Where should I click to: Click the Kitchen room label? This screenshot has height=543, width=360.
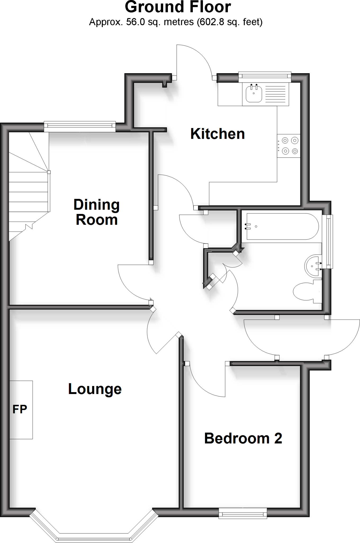tap(217, 134)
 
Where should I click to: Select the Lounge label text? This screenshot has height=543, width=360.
tap(95, 389)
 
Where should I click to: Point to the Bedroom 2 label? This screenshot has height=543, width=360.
tap(243, 438)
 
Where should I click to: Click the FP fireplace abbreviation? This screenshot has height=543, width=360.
tap(20, 409)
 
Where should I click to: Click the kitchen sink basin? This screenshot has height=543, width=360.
tap(254, 93)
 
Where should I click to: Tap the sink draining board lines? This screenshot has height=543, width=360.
tap(275, 94)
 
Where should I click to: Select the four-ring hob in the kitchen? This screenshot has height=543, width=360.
tap(289, 146)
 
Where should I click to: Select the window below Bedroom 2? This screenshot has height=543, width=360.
tap(243, 513)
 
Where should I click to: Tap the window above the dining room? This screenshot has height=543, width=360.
tap(80, 126)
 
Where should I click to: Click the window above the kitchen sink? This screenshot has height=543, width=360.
tap(264, 77)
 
